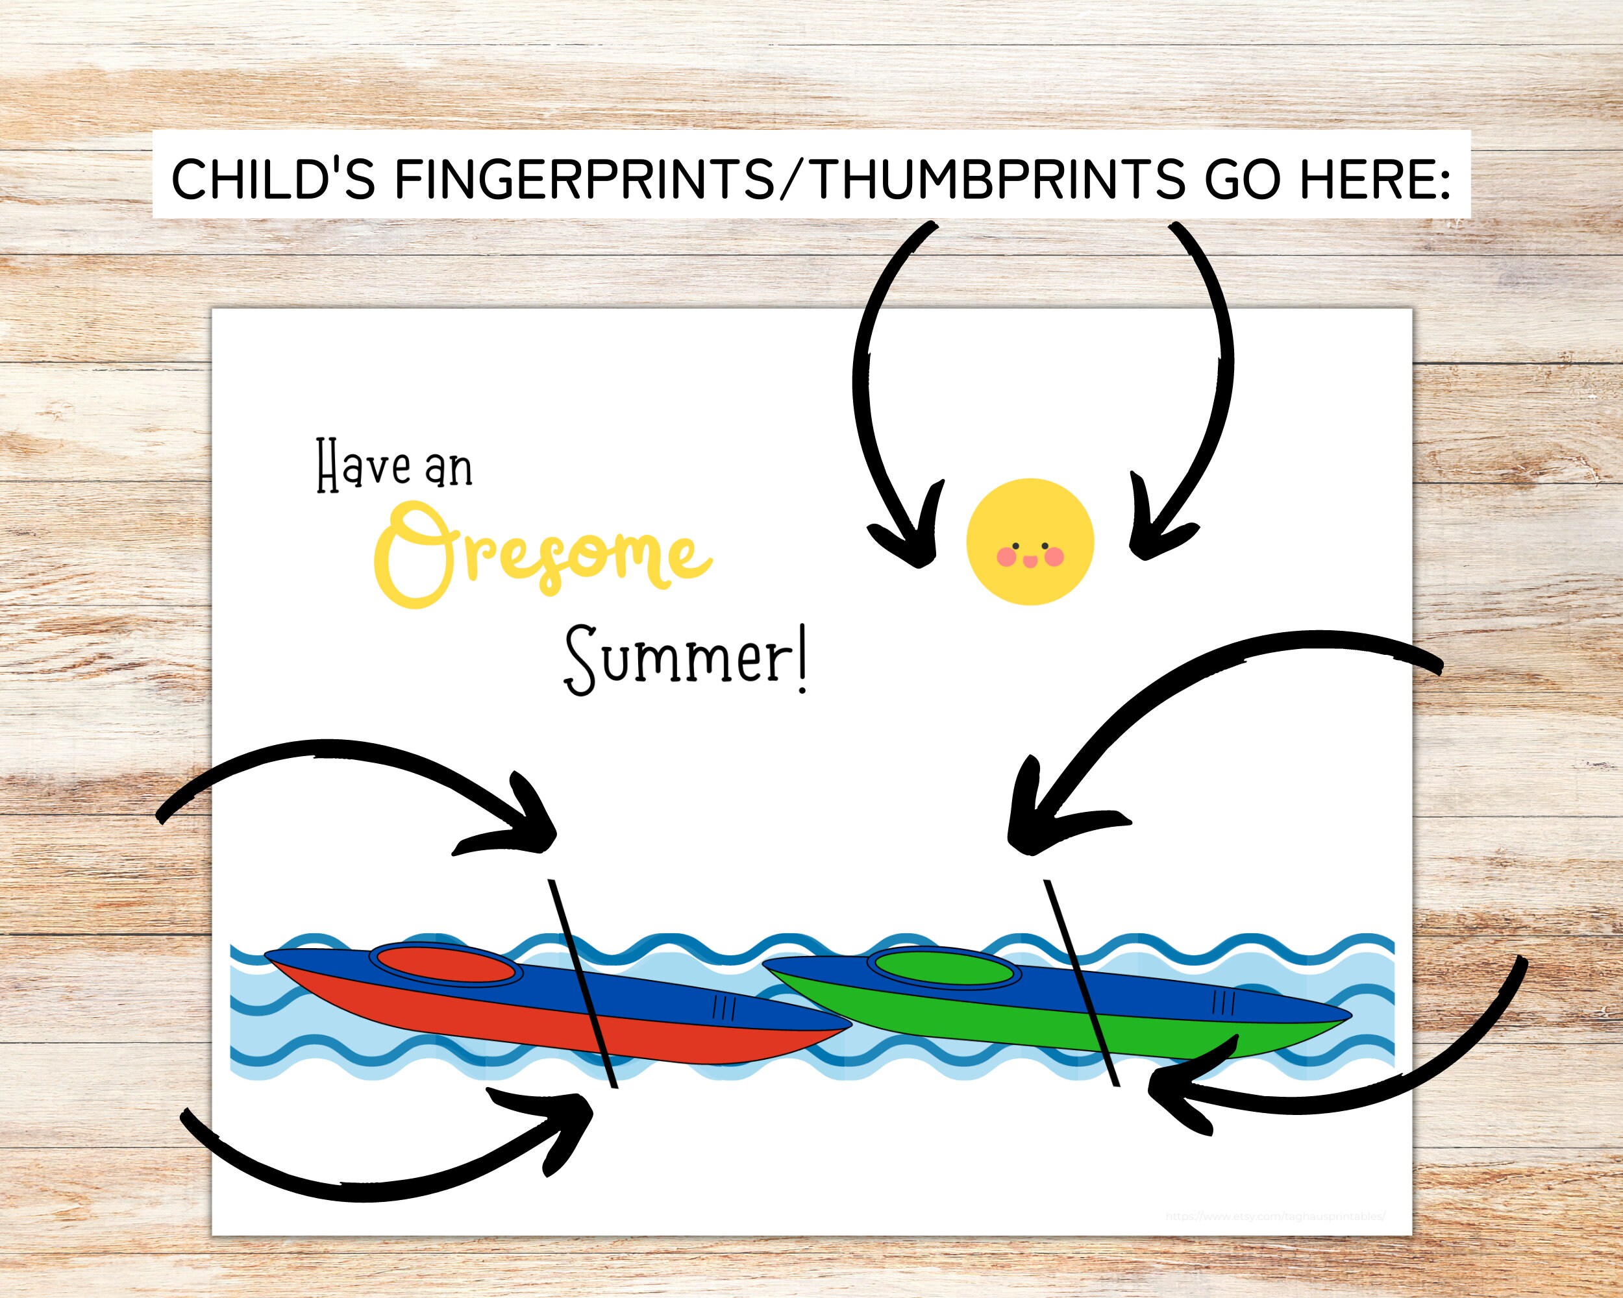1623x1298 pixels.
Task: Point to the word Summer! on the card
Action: point(685,661)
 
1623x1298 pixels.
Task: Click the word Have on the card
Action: point(364,467)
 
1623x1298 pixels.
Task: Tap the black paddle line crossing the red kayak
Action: point(584,986)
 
